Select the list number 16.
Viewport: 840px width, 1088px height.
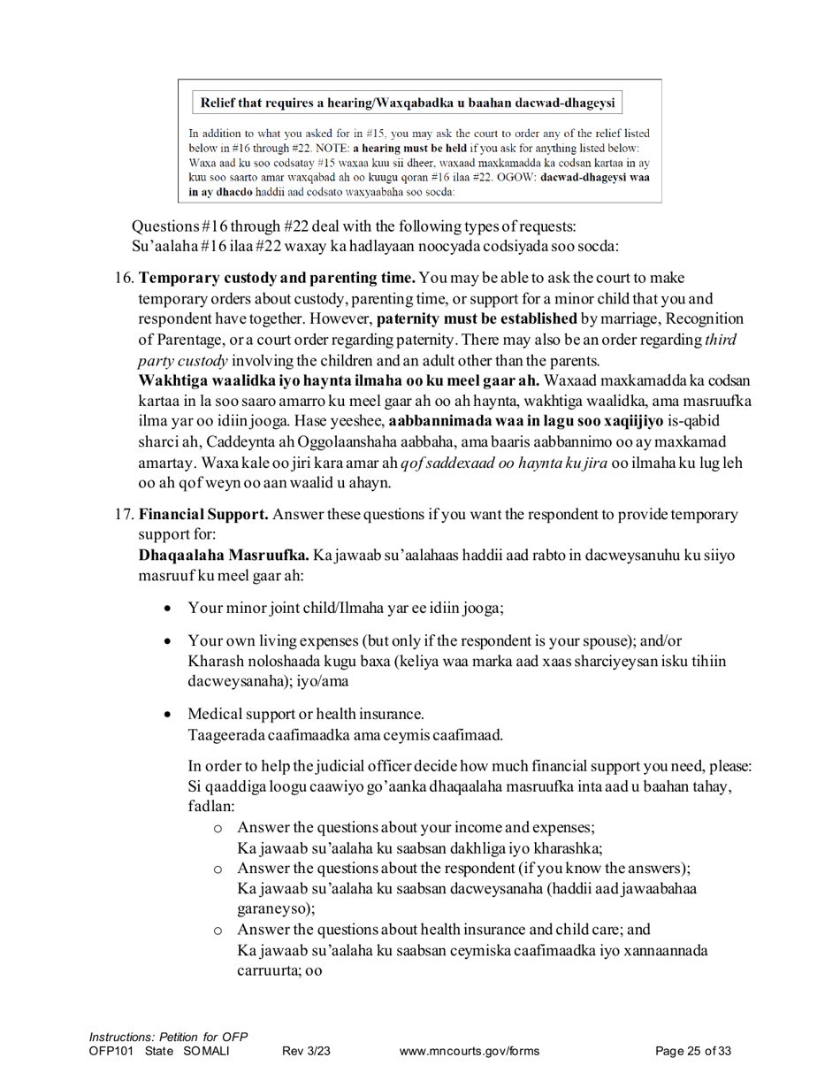point(125,279)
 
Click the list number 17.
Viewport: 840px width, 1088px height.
point(125,514)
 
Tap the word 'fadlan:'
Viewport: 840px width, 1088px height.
point(211,807)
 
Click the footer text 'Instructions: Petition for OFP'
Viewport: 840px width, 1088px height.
point(168,1037)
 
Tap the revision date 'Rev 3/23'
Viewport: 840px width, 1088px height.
point(306,1051)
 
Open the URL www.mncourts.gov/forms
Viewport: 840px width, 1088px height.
point(469,1051)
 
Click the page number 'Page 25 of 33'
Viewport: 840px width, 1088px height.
point(693,1051)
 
